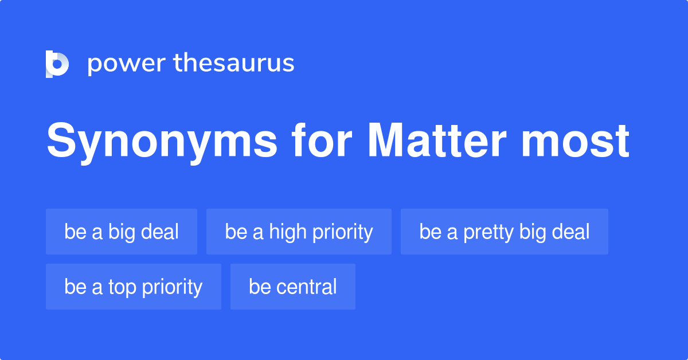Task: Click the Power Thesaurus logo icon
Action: pyautogui.click(x=57, y=64)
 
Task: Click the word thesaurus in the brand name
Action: pyautogui.click(x=234, y=64)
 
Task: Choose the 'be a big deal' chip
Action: pyautogui.click(x=122, y=232)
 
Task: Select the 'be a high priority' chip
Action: pyautogui.click(x=299, y=232)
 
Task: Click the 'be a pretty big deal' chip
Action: pyautogui.click(x=504, y=232)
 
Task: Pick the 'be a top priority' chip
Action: pyautogui.click(x=133, y=287)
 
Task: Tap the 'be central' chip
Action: pyautogui.click(x=292, y=287)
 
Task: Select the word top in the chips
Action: pyautogui.click(x=122, y=287)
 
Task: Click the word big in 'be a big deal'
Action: pyautogui.click(x=120, y=232)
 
